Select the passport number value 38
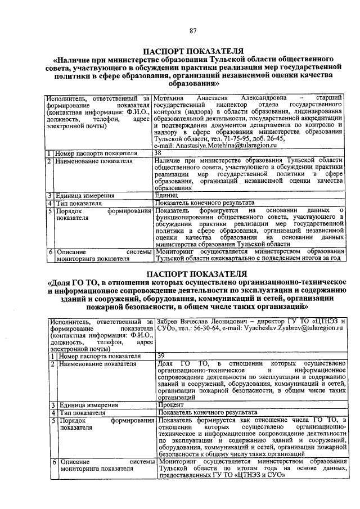(159, 153)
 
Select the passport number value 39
(161, 355)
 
